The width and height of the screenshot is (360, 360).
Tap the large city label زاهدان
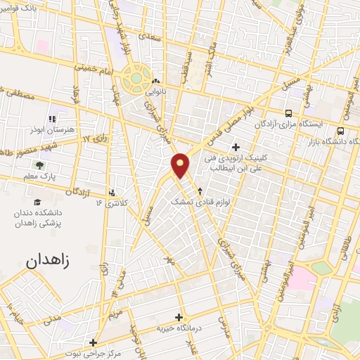click(x=51, y=262)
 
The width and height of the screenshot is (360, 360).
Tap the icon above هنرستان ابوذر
click(x=51, y=119)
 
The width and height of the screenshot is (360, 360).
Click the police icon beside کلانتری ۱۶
click(x=112, y=192)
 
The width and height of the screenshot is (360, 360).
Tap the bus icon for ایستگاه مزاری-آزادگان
click(x=288, y=113)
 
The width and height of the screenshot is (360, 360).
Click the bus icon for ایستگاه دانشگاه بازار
click(x=341, y=131)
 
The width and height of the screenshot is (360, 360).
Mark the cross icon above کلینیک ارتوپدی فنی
click(x=236, y=147)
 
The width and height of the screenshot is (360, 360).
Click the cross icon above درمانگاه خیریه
click(x=179, y=317)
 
